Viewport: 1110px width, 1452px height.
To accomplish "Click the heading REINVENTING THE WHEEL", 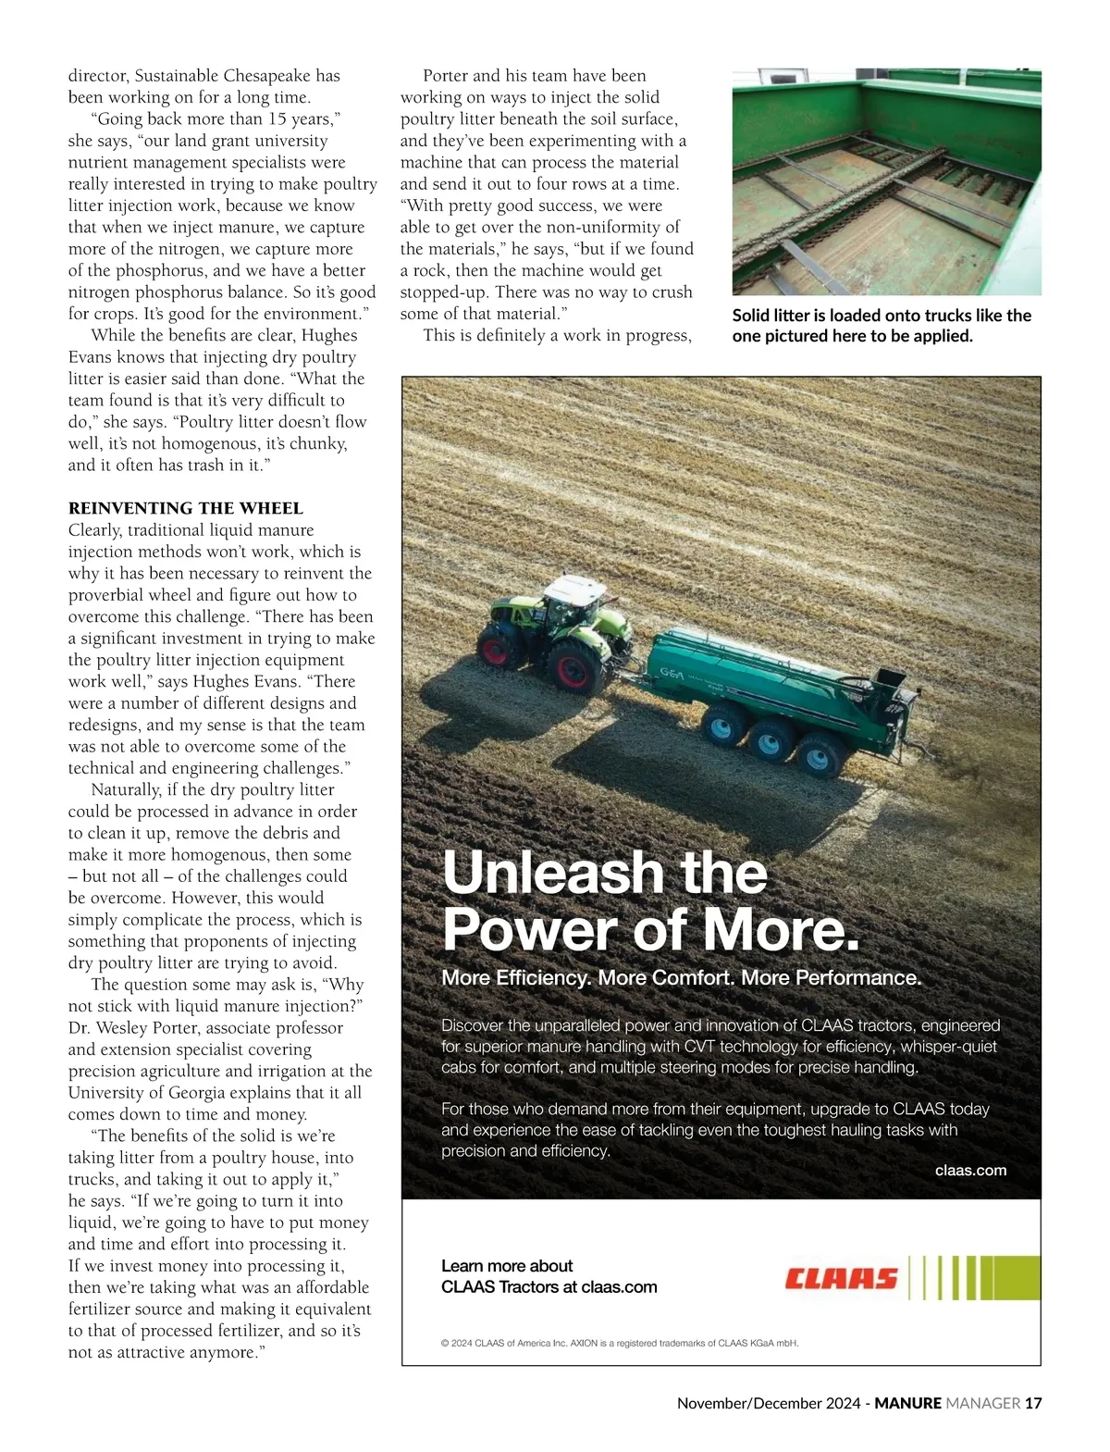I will coord(185,508).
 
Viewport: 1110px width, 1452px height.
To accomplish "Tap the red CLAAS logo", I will coord(841,1278).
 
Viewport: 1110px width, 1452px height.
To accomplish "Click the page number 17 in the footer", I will coord(1033,1403).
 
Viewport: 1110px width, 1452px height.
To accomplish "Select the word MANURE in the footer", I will coord(907,1403).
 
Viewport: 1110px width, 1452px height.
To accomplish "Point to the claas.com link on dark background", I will coord(970,1170).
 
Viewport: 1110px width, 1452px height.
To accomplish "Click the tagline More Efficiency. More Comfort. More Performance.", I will coord(682,978).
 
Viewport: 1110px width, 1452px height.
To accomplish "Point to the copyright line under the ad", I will coord(620,1343).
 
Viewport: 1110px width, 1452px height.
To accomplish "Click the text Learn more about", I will coord(507,1265).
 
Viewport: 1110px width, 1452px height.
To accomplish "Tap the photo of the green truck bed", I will coord(886,181).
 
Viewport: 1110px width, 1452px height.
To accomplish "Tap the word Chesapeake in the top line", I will coord(266,76).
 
